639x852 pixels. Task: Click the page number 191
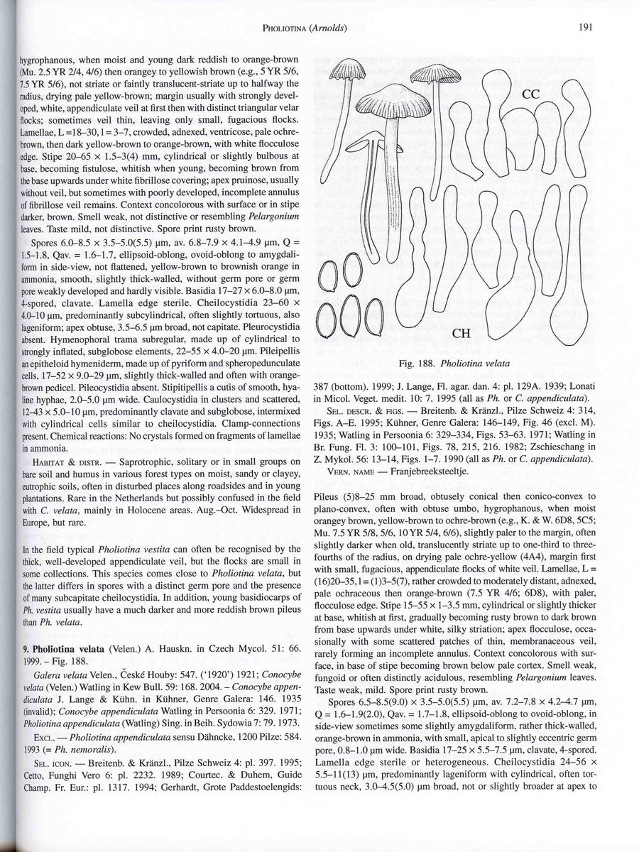(585, 28)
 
